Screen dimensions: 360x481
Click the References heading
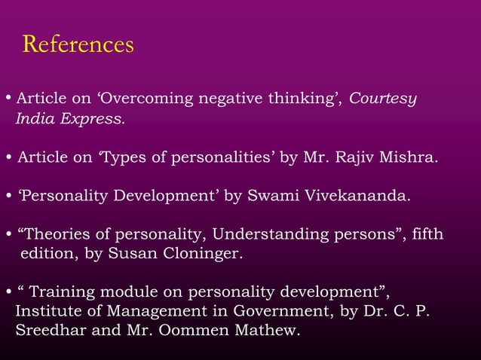[78, 44]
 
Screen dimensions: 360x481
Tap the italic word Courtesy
[384, 99]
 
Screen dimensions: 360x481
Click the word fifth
[426, 236]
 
